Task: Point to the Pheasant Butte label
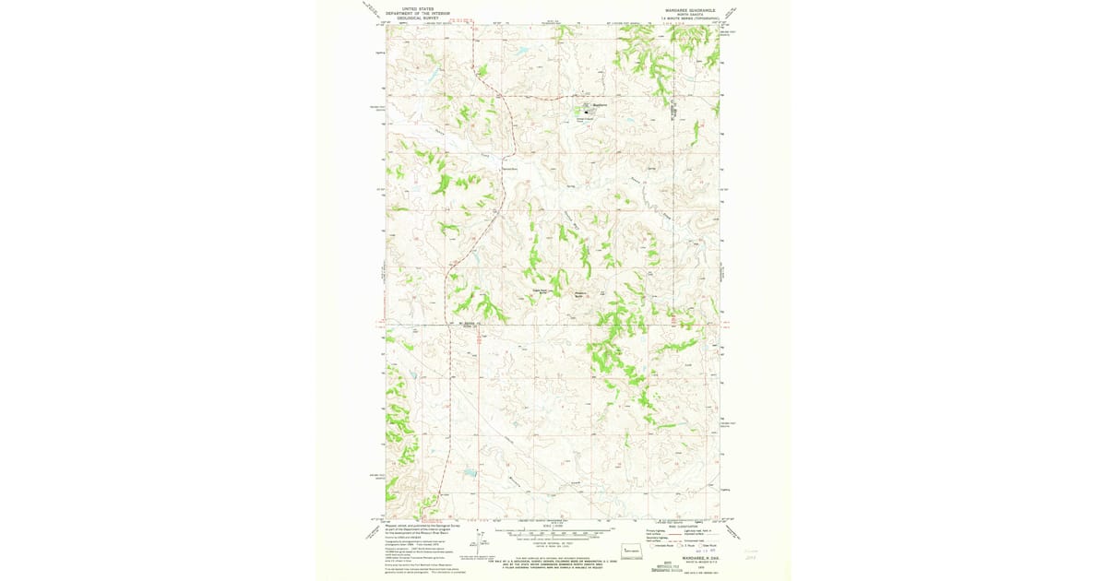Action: pyautogui.click(x=581, y=295)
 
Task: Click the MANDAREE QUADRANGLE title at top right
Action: pyautogui.click(x=684, y=11)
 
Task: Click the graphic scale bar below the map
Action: pyautogui.click(x=553, y=533)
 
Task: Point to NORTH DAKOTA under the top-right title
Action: pyautogui.click(x=684, y=16)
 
